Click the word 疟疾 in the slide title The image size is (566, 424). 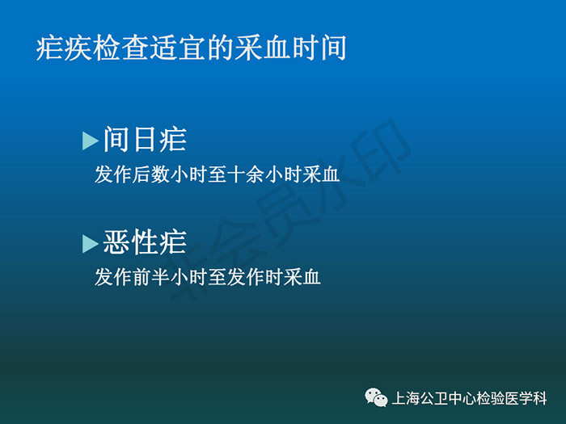click(x=64, y=48)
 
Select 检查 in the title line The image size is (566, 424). click(x=120, y=48)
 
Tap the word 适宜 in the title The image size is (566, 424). click(x=177, y=48)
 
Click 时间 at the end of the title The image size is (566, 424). click(x=319, y=48)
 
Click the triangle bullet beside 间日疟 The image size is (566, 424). click(x=91, y=141)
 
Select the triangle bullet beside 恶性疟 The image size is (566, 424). click(x=91, y=244)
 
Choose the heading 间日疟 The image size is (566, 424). click(x=145, y=140)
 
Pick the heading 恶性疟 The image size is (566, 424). click(x=145, y=242)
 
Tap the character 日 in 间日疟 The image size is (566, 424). click(x=145, y=140)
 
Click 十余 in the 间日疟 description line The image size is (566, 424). click(x=246, y=174)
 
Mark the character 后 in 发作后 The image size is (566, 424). click(x=141, y=174)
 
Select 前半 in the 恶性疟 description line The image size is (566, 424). click(x=151, y=277)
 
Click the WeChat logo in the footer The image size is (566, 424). click(x=376, y=397)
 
